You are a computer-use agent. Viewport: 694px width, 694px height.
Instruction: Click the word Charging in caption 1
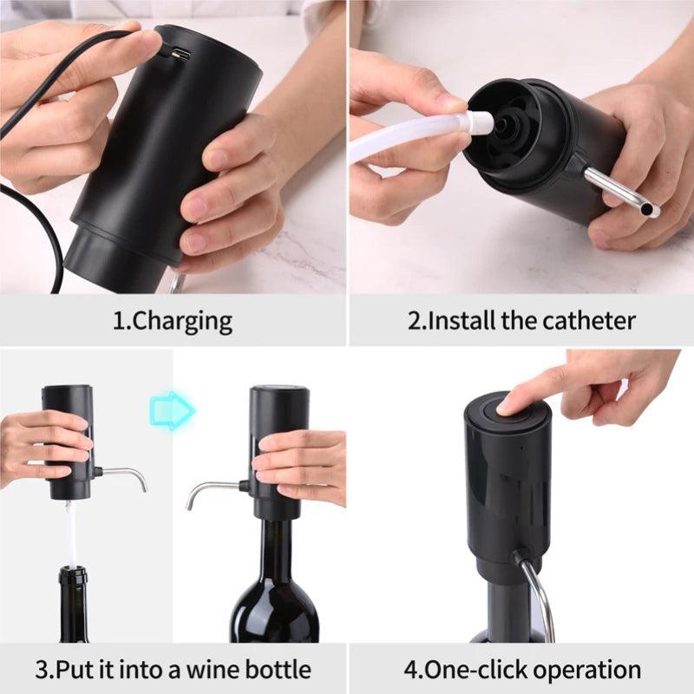[x=182, y=321]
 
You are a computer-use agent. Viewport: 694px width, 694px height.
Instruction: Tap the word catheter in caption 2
[x=589, y=321]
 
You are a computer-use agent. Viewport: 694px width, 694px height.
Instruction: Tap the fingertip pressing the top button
[x=507, y=403]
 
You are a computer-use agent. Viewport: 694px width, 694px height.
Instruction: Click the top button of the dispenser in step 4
[x=499, y=408]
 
